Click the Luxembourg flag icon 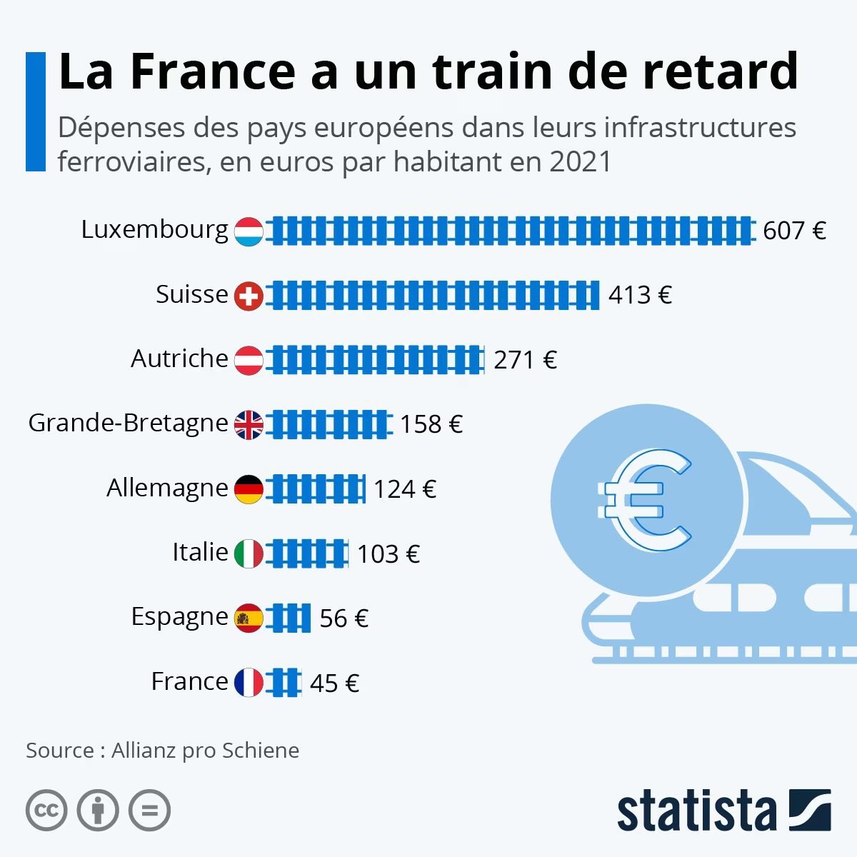tap(249, 231)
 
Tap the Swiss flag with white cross tap(249, 296)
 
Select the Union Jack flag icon tap(249, 425)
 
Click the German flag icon tap(249, 489)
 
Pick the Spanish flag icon tap(249, 618)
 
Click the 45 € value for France tap(334, 683)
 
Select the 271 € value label tap(525, 360)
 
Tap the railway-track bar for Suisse tap(433, 296)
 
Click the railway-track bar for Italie tap(307, 554)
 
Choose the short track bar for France tap(284, 683)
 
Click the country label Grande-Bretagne tap(128, 424)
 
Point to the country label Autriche tap(179, 359)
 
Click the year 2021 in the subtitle tap(581, 162)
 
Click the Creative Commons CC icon tap(46, 811)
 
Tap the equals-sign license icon tap(149, 811)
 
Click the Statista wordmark tap(696, 812)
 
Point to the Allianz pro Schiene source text tap(206, 751)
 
